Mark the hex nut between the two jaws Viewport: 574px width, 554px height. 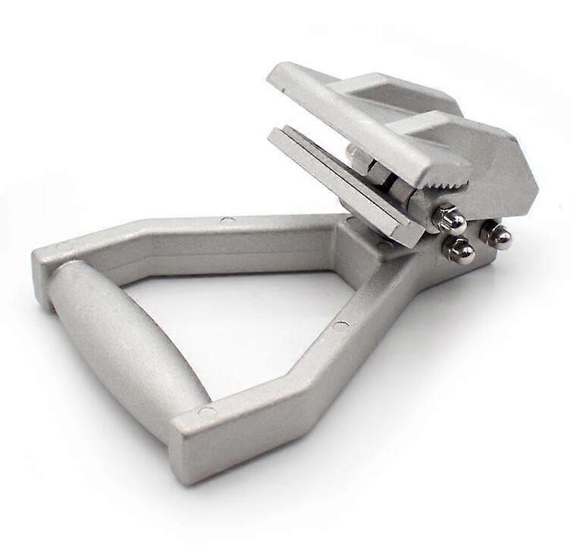pyautogui.click(x=379, y=173)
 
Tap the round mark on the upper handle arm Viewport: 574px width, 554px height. pyautogui.click(x=228, y=221)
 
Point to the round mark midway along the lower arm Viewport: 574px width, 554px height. pyautogui.click(x=341, y=326)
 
